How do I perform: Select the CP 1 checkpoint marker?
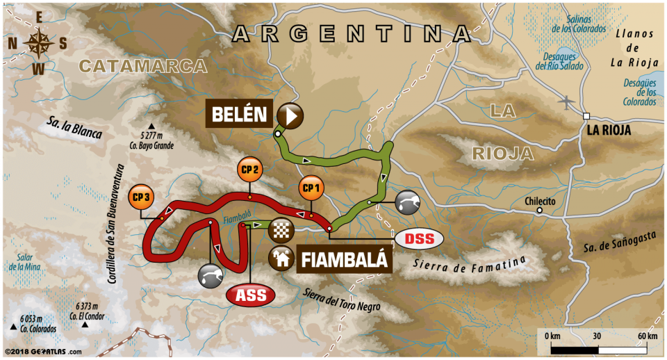(x=310, y=188)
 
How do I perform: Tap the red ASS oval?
(x=251, y=295)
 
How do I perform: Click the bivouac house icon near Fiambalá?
(x=282, y=259)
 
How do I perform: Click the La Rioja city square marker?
(x=587, y=116)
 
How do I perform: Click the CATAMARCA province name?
(x=143, y=66)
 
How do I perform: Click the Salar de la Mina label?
(x=25, y=261)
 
